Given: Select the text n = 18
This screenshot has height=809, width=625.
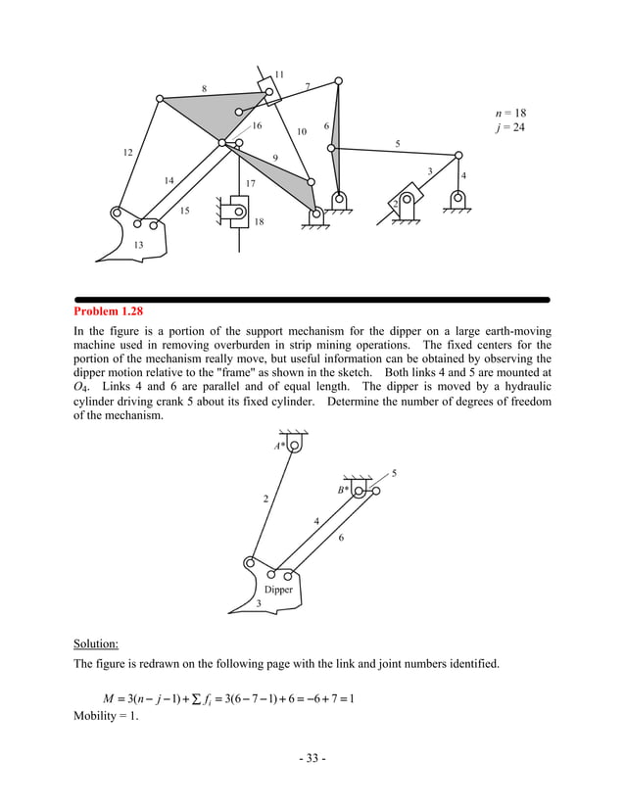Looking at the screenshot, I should click(x=511, y=113).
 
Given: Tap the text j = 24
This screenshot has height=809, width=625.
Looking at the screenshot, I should click(x=511, y=127).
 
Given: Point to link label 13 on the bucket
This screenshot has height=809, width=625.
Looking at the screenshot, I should click(x=138, y=244).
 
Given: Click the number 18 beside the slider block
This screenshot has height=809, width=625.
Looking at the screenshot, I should click(x=259, y=222).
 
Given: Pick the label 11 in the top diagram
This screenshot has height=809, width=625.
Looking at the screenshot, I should click(x=279, y=74).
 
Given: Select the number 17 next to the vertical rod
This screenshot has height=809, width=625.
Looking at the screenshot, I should click(x=251, y=183).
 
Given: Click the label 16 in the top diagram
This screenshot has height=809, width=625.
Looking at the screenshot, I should click(x=257, y=125).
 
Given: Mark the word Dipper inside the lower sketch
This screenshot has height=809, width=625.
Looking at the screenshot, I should click(x=278, y=590).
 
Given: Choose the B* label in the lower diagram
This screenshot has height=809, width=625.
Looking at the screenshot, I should click(x=343, y=489).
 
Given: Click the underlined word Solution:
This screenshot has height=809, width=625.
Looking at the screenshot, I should click(x=96, y=643).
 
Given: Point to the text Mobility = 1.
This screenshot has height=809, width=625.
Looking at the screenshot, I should click(x=106, y=716).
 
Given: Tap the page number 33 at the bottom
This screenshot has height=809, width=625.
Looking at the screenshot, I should click(x=312, y=760).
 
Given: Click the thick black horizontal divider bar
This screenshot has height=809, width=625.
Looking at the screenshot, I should click(x=312, y=299).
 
